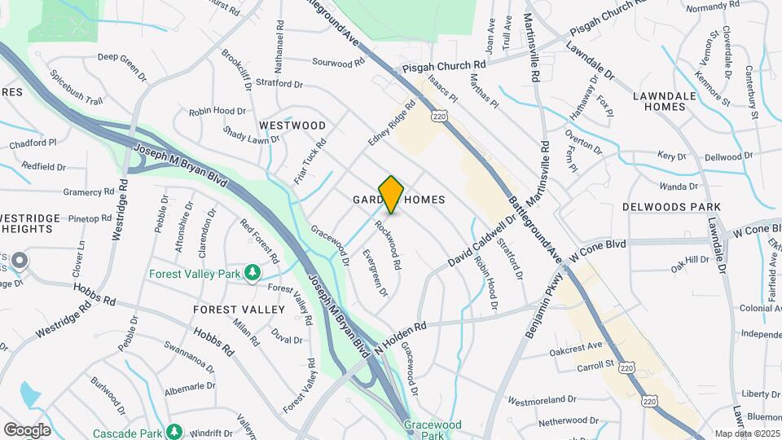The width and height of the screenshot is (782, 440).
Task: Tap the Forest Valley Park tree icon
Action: coord(253,272)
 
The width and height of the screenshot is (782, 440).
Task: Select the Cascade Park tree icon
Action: coord(174,431)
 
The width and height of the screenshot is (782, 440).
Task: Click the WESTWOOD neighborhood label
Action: coord(292,125)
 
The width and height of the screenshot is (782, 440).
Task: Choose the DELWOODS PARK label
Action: coord(661,207)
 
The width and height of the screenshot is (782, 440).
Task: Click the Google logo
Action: coord(28,429)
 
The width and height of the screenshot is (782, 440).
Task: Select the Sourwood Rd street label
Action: coord(338,63)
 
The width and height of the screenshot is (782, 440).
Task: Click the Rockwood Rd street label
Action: coord(388,245)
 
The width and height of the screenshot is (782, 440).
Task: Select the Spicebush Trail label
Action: coord(76,88)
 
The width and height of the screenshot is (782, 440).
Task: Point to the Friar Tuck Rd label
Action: coord(311,159)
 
